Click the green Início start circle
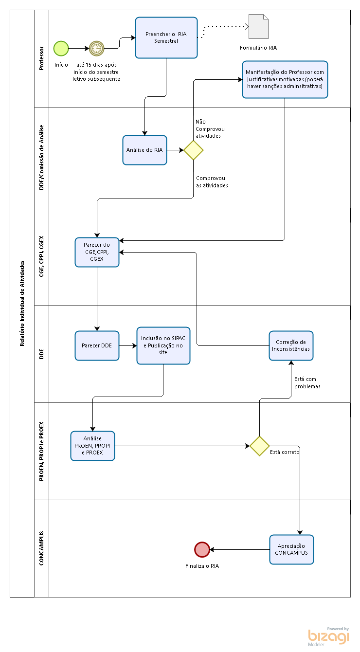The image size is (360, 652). coord(61,48)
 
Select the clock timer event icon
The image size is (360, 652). coord(97,48)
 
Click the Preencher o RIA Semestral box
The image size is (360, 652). coord(166,37)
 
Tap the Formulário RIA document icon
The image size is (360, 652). coord(258,26)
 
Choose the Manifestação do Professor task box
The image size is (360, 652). coord(285,79)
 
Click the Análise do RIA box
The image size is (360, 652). coord(144,150)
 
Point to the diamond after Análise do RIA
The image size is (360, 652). coord(194,150)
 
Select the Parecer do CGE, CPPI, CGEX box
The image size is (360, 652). coord(97,252)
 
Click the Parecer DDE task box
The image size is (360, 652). coord(97,346)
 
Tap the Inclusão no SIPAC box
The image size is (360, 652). coord(163,345)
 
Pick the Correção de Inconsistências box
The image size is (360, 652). coord(291,346)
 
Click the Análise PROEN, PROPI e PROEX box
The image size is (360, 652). coord(92,446)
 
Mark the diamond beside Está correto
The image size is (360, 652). coord(260,446)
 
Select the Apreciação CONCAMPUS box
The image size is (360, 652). coord(291,549)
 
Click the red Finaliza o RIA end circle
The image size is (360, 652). coord(202,549)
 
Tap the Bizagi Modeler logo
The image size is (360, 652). coord(328,637)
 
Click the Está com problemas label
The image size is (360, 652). coord(307,383)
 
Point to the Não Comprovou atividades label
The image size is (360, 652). coord(210,128)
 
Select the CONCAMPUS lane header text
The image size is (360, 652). coord(41,548)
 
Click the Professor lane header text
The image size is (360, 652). coord(41,58)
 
